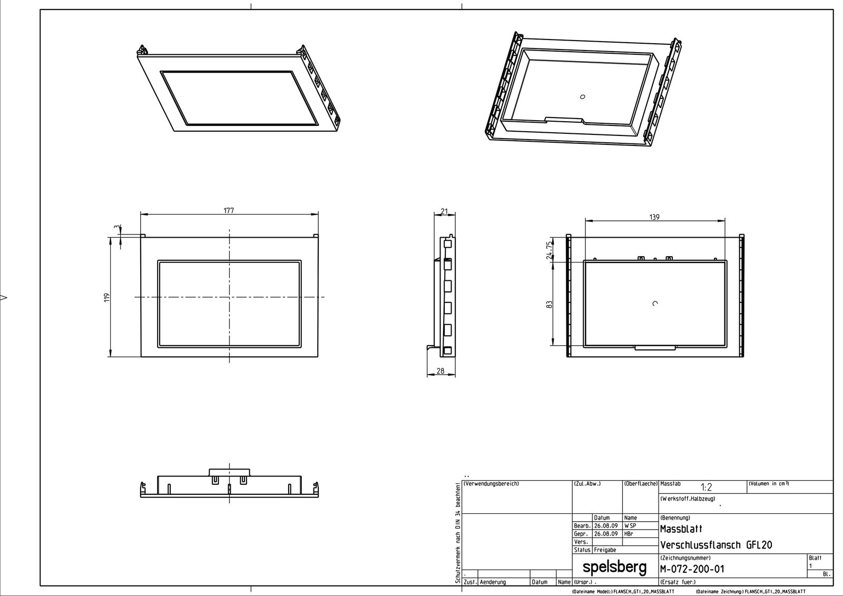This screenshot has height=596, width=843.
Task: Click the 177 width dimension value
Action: click(x=228, y=210)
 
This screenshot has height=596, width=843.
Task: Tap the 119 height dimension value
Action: click(x=106, y=297)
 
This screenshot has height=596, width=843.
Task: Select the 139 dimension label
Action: click(x=654, y=217)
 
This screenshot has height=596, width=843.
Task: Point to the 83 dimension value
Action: click(x=549, y=305)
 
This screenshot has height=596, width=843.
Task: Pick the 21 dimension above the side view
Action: click(x=444, y=211)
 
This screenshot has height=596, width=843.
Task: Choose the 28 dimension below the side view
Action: click(x=440, y=370)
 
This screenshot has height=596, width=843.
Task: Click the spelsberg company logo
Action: click(x=614, y=567)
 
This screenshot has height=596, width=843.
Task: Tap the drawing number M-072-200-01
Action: click(x=692, y=569)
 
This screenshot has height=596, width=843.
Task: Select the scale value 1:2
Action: click(x=706, y=488)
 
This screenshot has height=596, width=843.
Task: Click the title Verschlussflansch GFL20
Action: click(x=716, y=545)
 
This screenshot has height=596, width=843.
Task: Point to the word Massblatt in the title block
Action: click(x=681, y=529)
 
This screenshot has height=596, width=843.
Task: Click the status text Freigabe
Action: click(x=604, y=550)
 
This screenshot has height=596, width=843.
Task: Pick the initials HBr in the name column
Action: click(x=629, y=534)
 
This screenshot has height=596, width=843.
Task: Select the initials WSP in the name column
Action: click(x=630, y=526)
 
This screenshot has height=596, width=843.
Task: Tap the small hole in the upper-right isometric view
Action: click(x=582, y=96)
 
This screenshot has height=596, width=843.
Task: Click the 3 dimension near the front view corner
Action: click(x=116, y=227)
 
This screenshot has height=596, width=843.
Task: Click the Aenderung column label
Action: click(x=493, y=582)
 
